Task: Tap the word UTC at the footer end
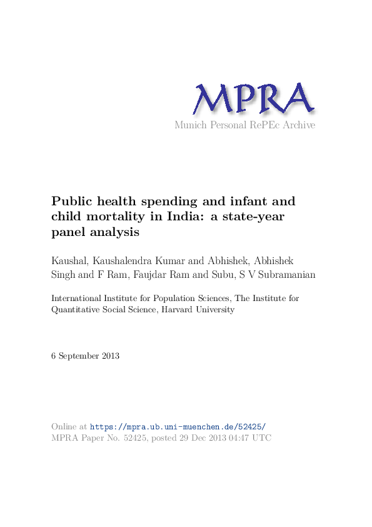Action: point(262,438)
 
